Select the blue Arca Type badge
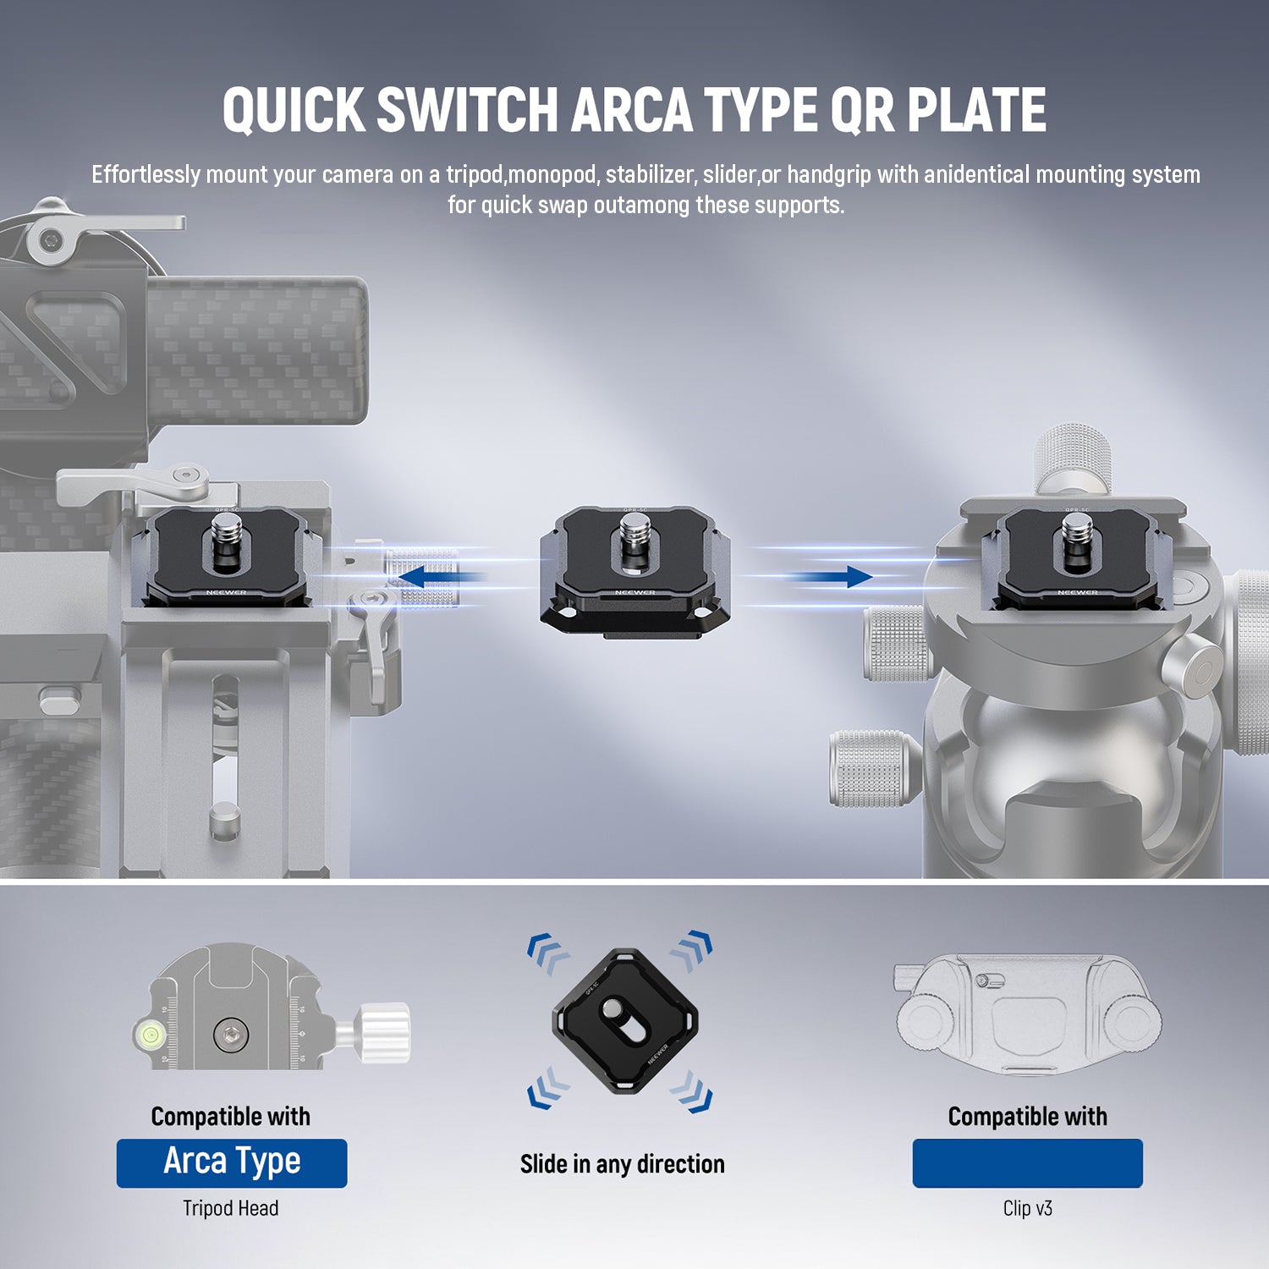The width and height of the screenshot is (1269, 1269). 232,1163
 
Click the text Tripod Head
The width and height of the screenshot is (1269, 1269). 231,1208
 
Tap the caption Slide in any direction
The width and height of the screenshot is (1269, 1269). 623,1164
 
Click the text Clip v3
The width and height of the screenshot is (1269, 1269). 1028,1208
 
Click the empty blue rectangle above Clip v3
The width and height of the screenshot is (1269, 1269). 1028,1163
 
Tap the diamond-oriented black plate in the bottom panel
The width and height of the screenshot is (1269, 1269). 625,1021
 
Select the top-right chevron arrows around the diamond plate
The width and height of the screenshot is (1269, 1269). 692,951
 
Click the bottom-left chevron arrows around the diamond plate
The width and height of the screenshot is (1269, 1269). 548,1088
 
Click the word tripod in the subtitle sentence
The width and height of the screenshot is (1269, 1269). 475,175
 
